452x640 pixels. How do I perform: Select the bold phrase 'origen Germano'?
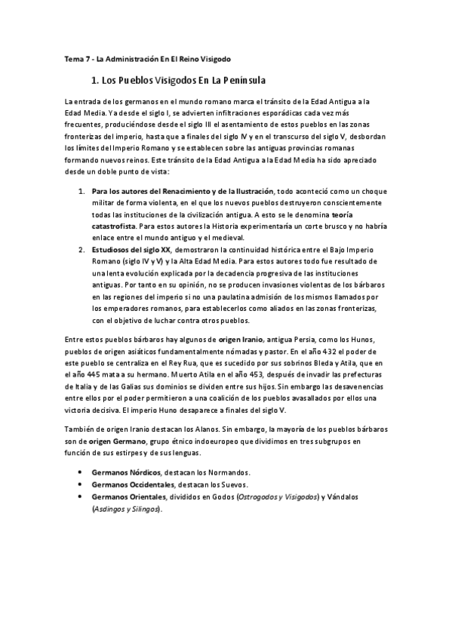tap(111, 442)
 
